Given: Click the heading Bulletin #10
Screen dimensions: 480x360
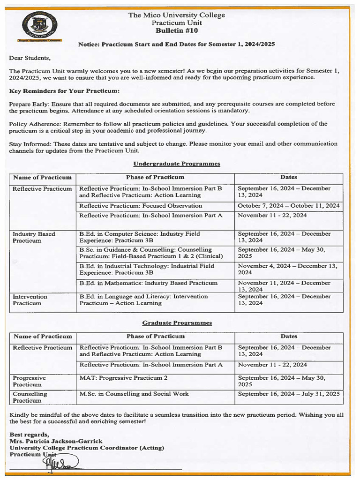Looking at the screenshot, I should pos(177,30).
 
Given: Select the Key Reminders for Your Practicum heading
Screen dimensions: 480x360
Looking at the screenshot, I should pos(64,90).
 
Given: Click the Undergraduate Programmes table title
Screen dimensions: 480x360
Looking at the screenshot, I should pos(177,164).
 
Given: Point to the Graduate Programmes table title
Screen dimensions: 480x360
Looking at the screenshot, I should pos(177,323).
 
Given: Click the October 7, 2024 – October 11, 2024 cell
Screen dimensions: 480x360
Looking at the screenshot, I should pos(289,206).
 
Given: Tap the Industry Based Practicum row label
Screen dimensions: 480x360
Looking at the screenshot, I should pos(34,237).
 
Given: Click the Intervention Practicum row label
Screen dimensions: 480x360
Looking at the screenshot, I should pos(30,300).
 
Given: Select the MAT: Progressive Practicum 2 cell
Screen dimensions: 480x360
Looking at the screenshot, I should pos(124,378).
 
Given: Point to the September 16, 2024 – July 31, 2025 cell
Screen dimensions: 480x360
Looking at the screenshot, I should pos(289,394).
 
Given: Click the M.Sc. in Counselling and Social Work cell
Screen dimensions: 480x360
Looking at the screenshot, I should pos(135,394).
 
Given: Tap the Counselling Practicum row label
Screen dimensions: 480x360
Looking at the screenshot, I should pos(30,397).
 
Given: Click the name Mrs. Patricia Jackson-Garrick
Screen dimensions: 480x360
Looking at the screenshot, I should pos(56,441).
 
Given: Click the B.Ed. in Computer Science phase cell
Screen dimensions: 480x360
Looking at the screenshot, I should pos(140,237).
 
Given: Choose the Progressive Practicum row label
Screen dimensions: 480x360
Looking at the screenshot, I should pos(29,381).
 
